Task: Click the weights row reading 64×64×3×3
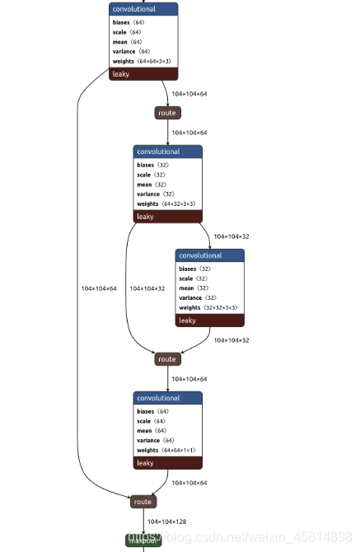pyautogui.click(x=143, y=62)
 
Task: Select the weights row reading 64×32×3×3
pyautogui.click(x=167, y=203)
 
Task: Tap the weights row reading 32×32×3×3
pyautogui.click(x=209, y=308)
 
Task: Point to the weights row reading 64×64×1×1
pyautogui.click(x=167, y=450)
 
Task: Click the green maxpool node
pyautogui.click(x=143, y=540)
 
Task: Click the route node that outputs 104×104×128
pyautogui.click(x=143, y=502)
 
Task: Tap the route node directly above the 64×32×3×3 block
pyautogui.click(x=167, y=113)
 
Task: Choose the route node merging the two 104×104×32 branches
pyautogui.click(x=167, y=359)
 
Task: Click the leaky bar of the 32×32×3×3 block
pyautogui.click(x=209, y=320)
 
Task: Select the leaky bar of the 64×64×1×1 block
pyautogui.click(x=167, y=463)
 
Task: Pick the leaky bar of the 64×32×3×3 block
pyautogui.click(x=167, y=217)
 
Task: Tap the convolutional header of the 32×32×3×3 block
pyautogui.click(x=209, y=255)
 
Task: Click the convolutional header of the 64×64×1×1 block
pyautogui.click(x=167, y=398)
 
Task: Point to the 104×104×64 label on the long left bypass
pyautogui.click(x=99, y=288)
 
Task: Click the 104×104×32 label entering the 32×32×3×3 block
pyautogui.click(x=231, y=236)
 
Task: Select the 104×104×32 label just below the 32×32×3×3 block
pyautogui.click(x=231, y=339)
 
